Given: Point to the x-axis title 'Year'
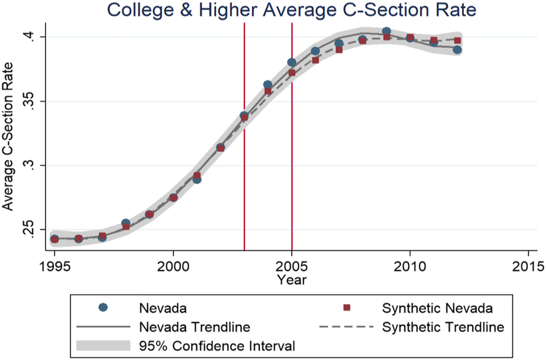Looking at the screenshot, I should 292,279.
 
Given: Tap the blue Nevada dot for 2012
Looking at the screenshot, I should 457,50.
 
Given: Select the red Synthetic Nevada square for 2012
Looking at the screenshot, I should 457,40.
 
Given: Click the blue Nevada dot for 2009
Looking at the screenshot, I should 386,31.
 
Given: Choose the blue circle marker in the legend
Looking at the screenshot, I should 102,307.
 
